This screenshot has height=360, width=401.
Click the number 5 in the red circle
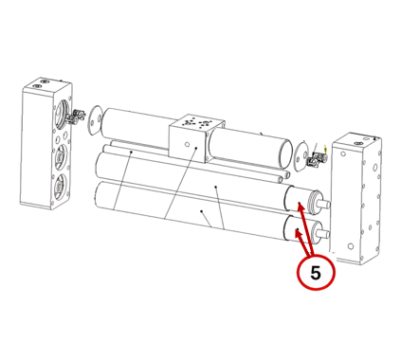[x=316, y=273]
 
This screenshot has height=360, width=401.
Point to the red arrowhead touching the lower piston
[x=298, y=234]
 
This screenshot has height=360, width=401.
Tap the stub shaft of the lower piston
[x=324, y=234]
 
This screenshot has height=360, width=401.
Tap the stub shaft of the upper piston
[x=324, y=205]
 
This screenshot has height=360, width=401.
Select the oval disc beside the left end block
[x=95, y=120]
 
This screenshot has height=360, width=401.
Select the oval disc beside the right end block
[x=301, y=156]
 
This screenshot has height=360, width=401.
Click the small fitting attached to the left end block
[x=76, y=116]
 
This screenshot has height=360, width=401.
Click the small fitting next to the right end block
[x=317, y=159]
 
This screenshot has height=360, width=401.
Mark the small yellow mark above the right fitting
[x=326, y=147]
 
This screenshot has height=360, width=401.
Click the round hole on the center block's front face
[x=187, y=145]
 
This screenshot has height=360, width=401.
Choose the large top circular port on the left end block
[x=60, y=112]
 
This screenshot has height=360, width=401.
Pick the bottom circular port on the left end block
[x=59, y=187]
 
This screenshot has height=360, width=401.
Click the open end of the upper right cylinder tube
[x=285, y=153]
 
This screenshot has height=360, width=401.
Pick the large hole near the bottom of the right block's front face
[x=350, y=246]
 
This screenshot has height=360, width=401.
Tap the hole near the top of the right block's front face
[x=343, y=154]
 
